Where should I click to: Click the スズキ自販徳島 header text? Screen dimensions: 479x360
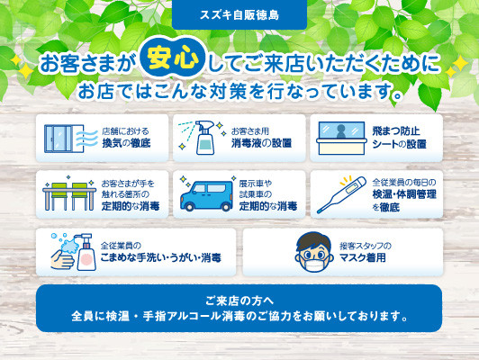tap(239, 15)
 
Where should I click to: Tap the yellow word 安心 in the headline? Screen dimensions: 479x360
tap(173, 57)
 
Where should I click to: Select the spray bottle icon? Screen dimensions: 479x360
tap(203, 138)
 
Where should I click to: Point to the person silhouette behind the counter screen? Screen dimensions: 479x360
tap(340, 131)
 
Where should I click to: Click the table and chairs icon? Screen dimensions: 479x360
tap(69, 193)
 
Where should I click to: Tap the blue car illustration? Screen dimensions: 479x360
tap(207, 196)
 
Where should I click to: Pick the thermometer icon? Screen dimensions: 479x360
tap(341, 194)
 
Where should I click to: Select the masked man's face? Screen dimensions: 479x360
tap(313, 252)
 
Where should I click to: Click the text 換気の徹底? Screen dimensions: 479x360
tap(126, 143)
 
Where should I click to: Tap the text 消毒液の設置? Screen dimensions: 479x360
tap(261, 143)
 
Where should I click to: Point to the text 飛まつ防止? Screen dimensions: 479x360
tap(396, 131)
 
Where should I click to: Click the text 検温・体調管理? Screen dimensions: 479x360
tap(404, 194)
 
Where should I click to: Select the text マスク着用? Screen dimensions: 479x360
tap(363, 257)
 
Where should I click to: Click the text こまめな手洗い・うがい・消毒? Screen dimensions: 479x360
tap(160, 257)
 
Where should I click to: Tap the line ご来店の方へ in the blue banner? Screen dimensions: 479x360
tap(239, 301)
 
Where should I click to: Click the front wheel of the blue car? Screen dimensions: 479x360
tap(189, 207)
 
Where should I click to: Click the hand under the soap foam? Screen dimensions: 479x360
tap(63, 259)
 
